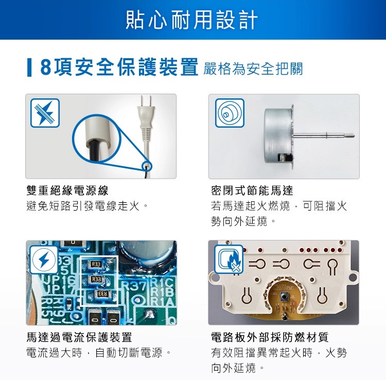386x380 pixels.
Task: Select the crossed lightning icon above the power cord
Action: click(45, 113)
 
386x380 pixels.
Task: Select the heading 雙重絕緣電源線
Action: click(67, 191)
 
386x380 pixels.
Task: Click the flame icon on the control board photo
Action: click(229, 260)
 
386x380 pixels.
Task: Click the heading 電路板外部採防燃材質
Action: click(270, 338)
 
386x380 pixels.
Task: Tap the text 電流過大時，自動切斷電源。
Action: click(98, 354)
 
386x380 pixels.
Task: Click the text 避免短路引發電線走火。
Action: click(87, 206)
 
